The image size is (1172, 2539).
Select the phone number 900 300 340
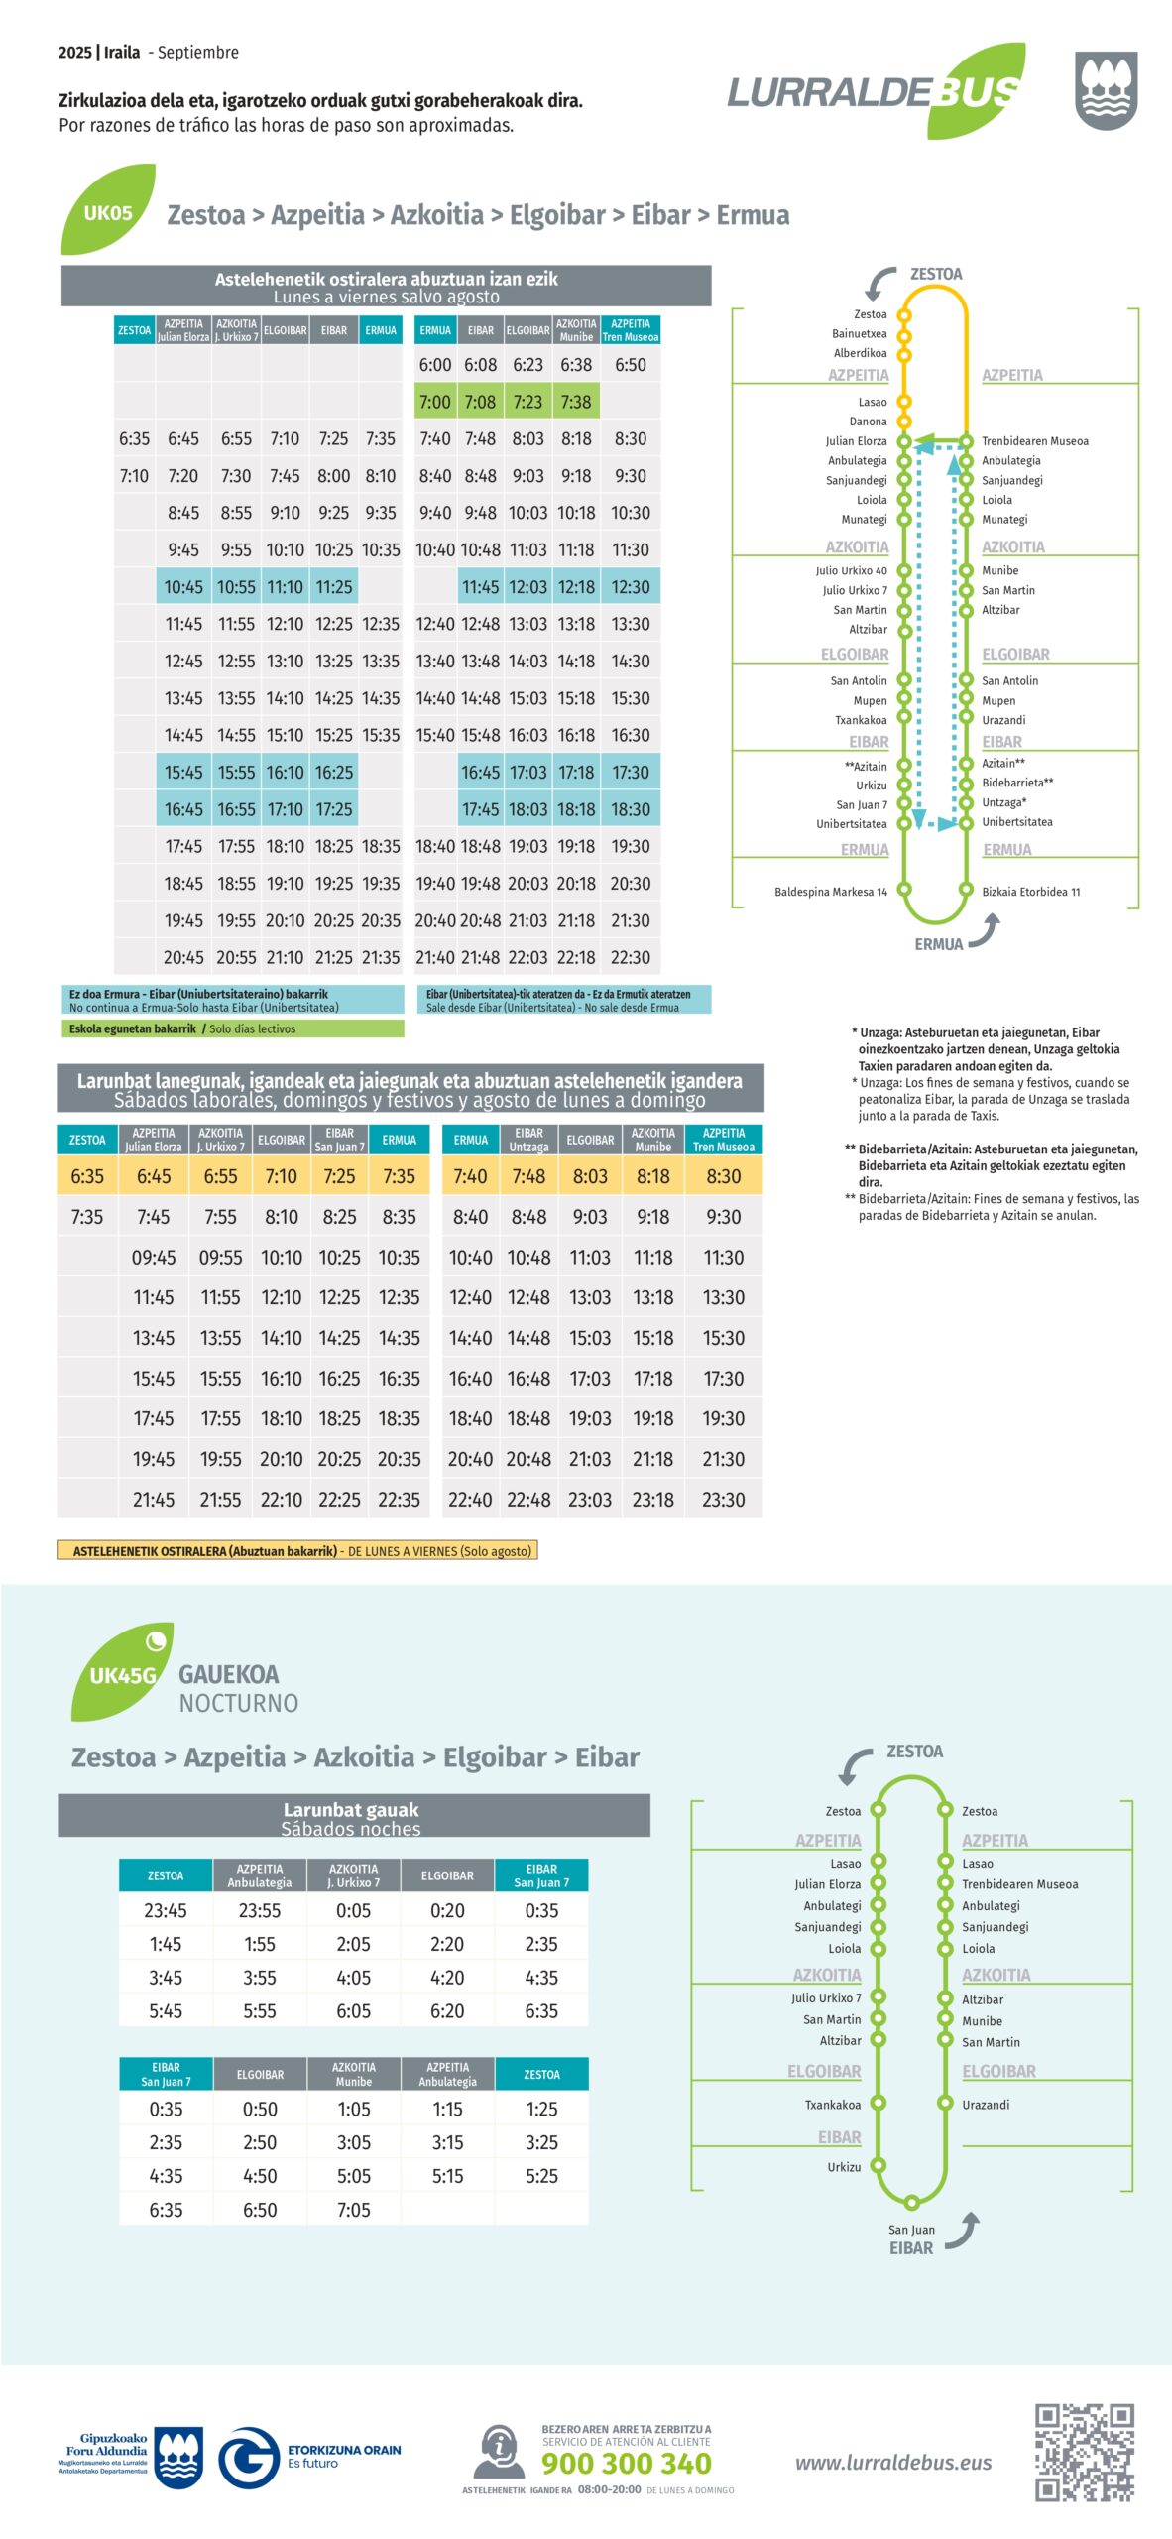click(x=626, y=2463)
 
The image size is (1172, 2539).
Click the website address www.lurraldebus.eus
click(x=892, y=2462)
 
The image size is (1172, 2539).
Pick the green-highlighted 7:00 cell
click(x=434, y=402)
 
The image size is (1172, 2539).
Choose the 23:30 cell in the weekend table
click(x=723, y=1500)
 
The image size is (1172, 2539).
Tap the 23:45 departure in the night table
click(x=166, y=1910)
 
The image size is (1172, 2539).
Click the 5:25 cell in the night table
click(x=541, y=2175)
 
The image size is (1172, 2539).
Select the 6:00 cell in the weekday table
click(x=434, y=365)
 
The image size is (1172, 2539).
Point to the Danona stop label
click(x=868, y=422)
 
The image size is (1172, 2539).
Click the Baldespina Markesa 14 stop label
click(x=831, y=892)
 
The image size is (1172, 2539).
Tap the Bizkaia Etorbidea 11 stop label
click(x=1030, y=892)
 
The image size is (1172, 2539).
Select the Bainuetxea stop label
click(x=860, y=334)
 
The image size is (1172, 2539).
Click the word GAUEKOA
click(x=229, y=1674)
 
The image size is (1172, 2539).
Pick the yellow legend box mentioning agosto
click(x=297, y=1551)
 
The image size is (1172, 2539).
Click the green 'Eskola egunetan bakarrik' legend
click(x=232, y=1028)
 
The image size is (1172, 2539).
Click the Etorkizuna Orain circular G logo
click(x=247, y=2458)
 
